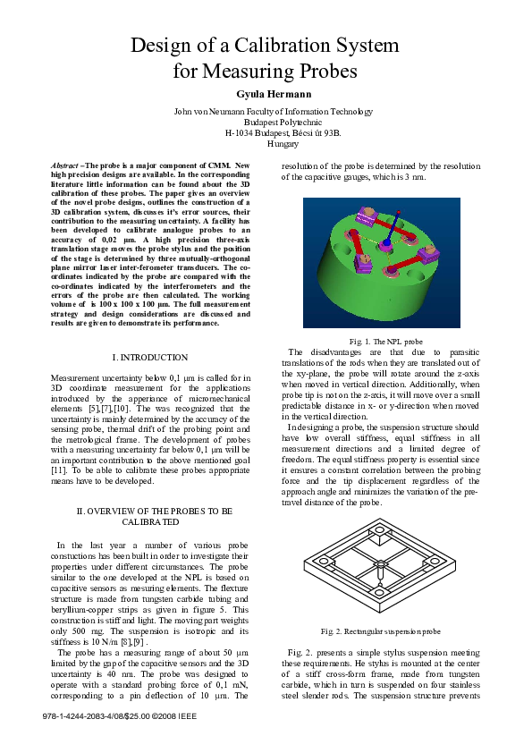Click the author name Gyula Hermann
(x=266, y=94)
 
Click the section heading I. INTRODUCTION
(x=149, y=358)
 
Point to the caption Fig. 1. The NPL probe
(x=386, y=341)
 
